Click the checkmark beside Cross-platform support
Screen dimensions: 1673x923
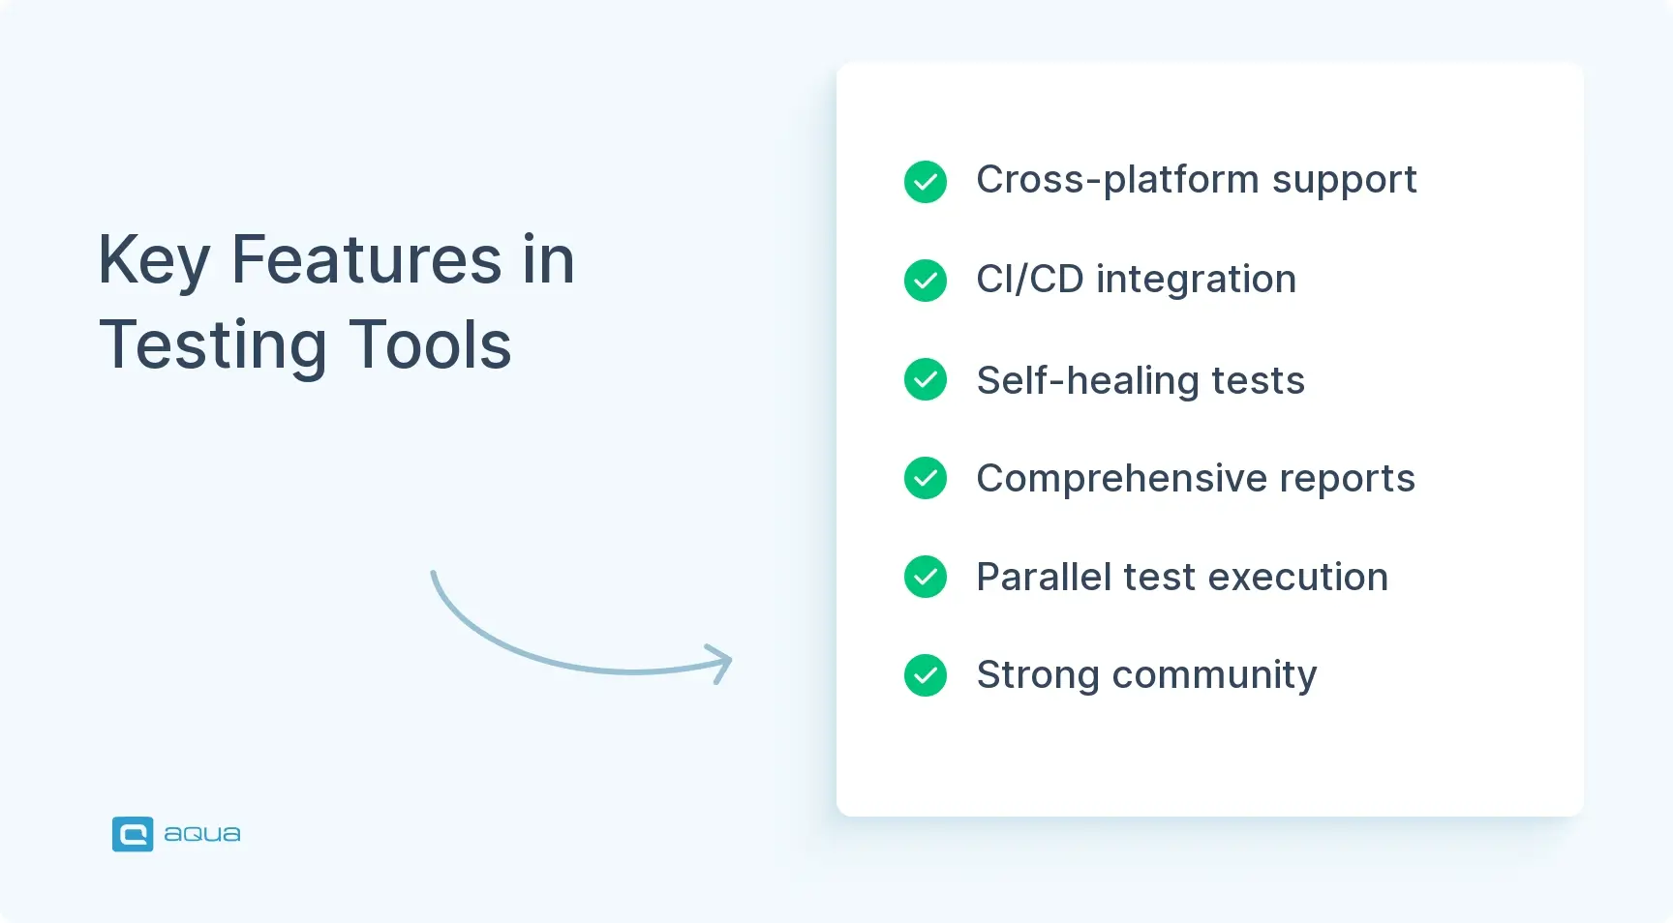pos(926,182)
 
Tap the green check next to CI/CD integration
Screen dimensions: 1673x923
pos(926,281)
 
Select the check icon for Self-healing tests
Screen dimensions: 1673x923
pos(926,379)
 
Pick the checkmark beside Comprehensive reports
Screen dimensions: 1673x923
pos(926,478)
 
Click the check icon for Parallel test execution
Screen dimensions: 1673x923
pos(926,577)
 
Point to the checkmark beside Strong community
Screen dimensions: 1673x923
pos(926,675)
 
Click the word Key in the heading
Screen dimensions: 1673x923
pos(154,262)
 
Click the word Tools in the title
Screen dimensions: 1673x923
pos(430,345)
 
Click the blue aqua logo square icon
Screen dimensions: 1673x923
pos(133,834)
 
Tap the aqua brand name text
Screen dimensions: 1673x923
pos(202,834)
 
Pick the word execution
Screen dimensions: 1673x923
pos(1298,578)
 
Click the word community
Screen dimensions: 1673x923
pos(1215,676)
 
